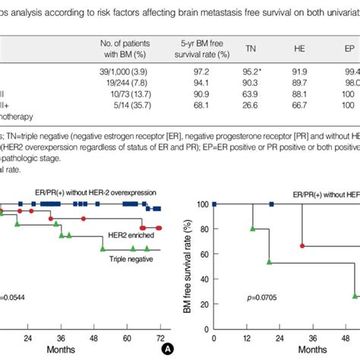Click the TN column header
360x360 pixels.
click(251, 47)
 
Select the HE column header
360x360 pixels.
click(300, 47)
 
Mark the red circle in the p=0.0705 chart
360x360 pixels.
click(303, 246)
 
